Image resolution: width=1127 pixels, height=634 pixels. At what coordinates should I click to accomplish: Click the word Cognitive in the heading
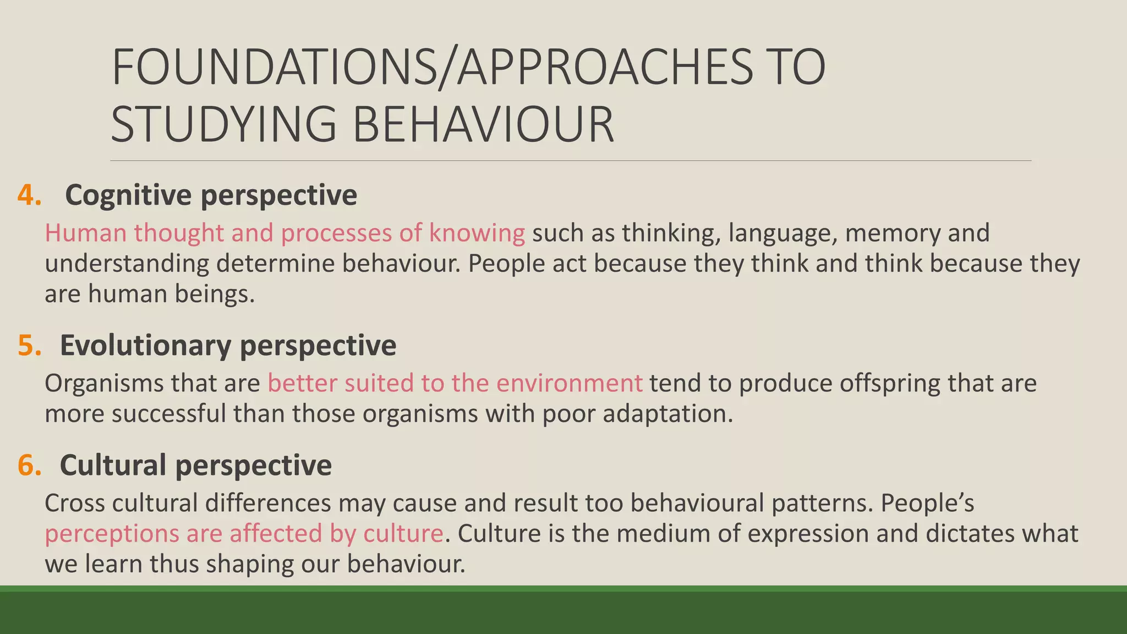[x=128, y=195]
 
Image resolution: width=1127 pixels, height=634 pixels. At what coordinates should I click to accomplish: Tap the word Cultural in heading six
[x=113, y=465]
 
